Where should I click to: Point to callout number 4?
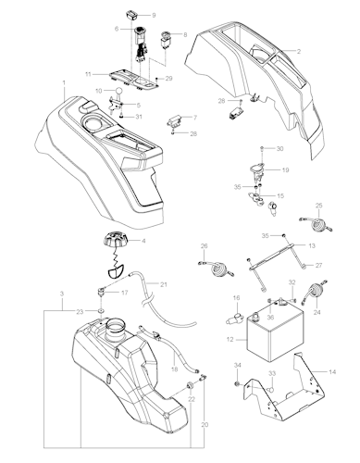143,241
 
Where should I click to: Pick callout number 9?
154,16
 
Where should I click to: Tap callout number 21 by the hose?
162,283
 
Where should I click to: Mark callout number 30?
280,149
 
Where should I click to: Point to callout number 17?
126,293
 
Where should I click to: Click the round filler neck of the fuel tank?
116,327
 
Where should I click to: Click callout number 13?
312,246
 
